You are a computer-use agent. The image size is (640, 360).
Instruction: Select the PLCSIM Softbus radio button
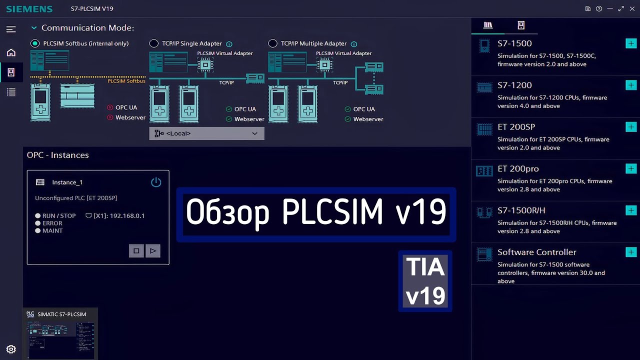tap(35, 43)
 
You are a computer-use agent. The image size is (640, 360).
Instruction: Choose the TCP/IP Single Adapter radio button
tap(154, 43)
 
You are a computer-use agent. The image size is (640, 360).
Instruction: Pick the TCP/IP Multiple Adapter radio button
tap(272, 43)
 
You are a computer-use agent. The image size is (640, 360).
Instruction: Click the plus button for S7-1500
tap(631, 43)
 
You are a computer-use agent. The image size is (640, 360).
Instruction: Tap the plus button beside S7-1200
tap(631, 85)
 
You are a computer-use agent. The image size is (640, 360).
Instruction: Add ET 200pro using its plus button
tap(631, 168)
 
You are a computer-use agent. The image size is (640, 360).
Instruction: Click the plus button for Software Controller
tap(631, 252)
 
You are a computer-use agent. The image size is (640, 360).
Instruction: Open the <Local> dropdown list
tap(206, 133)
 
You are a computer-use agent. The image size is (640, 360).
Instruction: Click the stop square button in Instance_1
tap(136, 251)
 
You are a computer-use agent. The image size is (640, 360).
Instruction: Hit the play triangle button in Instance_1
tap(153, 251)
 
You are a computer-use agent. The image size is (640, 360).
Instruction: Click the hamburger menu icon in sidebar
tap(11, 29)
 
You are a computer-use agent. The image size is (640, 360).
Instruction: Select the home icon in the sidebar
tap(11, 52)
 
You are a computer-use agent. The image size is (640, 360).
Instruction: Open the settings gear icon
tap(11, 349)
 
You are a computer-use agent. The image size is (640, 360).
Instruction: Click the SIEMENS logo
tap(29, 9)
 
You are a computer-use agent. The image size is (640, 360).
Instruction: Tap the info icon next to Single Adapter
tap(229, 44)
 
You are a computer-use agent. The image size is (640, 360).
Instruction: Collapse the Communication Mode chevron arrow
tap(34, 28)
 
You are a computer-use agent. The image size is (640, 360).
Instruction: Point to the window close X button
tap(632, 8)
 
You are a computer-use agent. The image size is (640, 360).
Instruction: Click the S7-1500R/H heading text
tap(521, 210)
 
